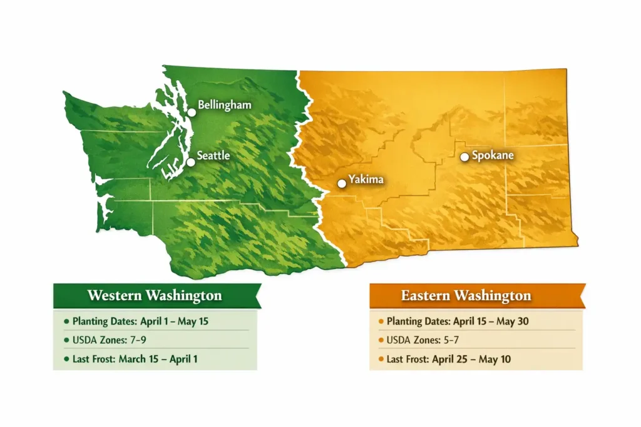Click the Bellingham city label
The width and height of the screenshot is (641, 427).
(x=224, y=105)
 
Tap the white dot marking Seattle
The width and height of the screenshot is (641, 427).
(x=191, y=162)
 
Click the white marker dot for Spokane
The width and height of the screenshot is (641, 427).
(x=464, y=157)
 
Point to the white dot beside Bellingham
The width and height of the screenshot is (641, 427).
(x=192, y=113)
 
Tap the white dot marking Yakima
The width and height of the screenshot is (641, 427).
(x=341, y=184)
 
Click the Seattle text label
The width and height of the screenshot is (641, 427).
(x=213, y=156)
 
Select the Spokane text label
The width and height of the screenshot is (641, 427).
(x=493, y=154)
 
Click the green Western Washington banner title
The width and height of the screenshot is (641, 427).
(x=154, y=295)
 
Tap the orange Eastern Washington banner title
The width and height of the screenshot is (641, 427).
(x=466, y=295)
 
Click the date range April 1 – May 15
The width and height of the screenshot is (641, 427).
(x=177, y=322)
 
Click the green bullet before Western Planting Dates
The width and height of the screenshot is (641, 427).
(x=66, y=322)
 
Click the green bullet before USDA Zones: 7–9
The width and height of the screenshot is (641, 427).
(x=66, y=340)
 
